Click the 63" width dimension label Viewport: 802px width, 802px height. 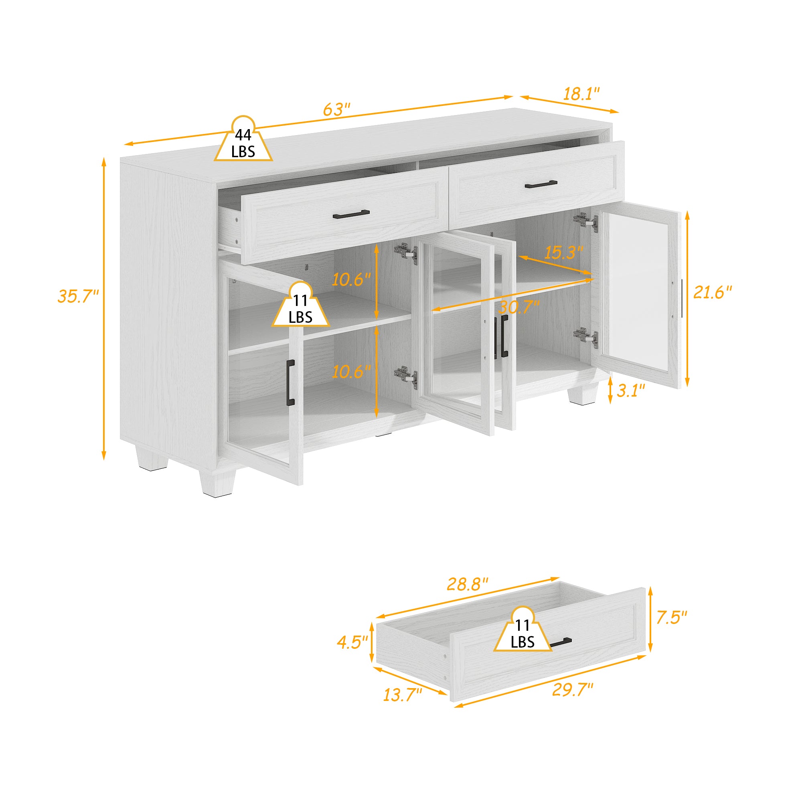coord(337,109)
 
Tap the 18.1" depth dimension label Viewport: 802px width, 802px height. coord(581,94)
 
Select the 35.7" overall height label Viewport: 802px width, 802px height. coord(78,296)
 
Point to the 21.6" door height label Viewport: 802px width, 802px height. coord(712,293)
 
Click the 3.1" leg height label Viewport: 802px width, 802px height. coord(631,390)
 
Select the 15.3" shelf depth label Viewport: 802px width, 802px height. coord(563,252)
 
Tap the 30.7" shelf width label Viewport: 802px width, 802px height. coord(519,307)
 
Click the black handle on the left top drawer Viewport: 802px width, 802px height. coord(351,214)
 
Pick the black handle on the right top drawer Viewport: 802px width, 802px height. coord(541,184)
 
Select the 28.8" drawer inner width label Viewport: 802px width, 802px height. coord(467,584)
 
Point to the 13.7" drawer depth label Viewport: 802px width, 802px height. coord(402,695)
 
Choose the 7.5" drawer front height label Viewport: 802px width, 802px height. coord(671,617)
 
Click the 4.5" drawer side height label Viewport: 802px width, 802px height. coord(352,642)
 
